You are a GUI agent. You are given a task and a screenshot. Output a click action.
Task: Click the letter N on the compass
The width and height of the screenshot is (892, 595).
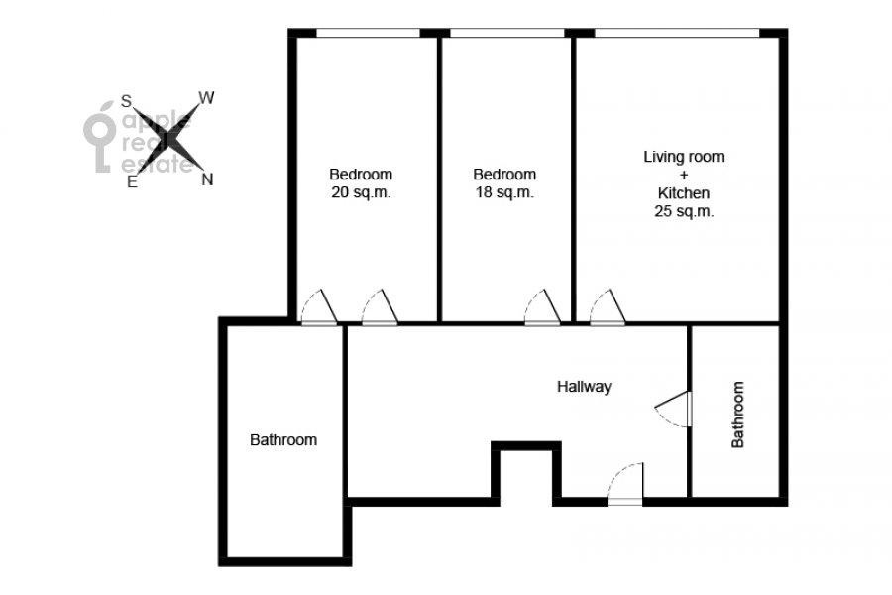208,179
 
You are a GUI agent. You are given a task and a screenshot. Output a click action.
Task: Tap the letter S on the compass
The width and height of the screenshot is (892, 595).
126,101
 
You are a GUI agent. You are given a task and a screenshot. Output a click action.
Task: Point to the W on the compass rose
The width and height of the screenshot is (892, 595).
206,98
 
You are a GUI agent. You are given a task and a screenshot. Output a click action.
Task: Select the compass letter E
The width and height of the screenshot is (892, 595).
132,181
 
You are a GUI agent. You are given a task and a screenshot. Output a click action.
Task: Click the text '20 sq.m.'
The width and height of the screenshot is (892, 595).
361,192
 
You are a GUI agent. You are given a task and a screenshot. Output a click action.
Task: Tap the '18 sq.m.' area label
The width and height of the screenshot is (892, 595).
504,192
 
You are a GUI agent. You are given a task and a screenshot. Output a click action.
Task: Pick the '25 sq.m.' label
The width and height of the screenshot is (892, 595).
684,211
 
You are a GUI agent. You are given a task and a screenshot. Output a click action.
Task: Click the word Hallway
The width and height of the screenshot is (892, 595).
584,387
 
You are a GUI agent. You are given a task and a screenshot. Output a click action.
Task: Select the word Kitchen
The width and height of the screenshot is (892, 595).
683,193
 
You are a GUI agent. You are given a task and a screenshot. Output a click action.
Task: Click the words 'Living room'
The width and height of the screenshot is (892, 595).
684,157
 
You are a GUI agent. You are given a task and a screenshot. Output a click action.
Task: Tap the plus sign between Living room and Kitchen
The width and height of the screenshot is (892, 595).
683,175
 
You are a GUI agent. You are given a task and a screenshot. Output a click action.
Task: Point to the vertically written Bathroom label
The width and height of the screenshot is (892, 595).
737,415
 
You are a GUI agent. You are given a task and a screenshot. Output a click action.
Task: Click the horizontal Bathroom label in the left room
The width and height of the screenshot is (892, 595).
283,440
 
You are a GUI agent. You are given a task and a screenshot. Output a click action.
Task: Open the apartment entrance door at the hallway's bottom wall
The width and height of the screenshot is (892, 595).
625,484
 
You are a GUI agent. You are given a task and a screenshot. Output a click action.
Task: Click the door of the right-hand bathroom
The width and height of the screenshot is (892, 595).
673,409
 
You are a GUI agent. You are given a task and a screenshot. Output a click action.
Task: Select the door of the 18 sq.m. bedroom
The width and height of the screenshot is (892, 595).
543,307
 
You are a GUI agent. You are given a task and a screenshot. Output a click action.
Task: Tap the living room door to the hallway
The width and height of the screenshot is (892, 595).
608,307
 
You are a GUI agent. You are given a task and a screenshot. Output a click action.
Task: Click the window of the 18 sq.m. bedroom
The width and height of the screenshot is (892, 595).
506,33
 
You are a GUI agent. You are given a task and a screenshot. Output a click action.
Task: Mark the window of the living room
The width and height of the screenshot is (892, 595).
676,33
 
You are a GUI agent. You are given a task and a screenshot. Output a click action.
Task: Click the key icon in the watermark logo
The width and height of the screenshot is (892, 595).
99,137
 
